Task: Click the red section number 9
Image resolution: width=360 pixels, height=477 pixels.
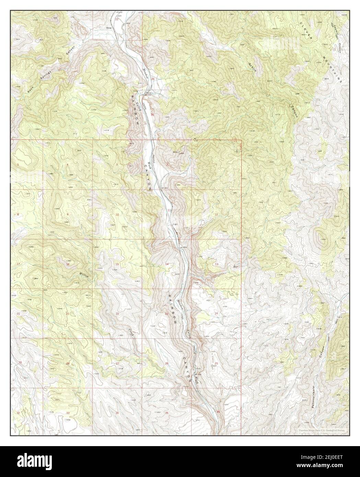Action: [67, 214]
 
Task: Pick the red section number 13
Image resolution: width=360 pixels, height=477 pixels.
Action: [217, 264]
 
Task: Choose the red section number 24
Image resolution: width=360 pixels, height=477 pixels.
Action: [216, 314]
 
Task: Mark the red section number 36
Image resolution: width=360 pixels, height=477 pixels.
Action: [218, 412]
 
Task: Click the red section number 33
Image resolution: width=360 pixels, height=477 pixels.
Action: [68, 413]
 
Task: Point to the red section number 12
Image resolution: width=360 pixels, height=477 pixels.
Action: [216, 214]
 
